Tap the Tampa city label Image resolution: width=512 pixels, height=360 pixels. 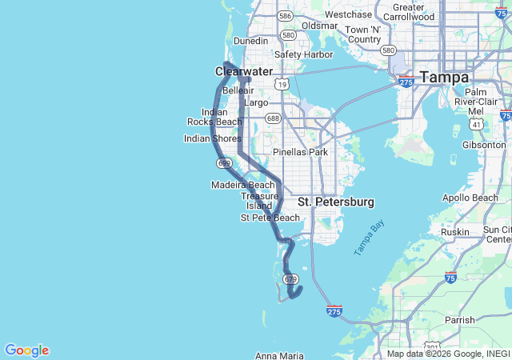[445, 78]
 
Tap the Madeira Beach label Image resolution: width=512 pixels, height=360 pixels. [243, 185]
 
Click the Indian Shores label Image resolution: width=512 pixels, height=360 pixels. [212, 138]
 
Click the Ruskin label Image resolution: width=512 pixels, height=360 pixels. [454, 232]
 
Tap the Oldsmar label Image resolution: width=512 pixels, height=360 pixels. [319, 26]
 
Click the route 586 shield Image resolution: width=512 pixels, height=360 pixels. [284, 15]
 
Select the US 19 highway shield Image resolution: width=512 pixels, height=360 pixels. [280, 84]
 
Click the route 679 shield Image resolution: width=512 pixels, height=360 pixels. [290, 279]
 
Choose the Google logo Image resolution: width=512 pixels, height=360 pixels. [26, 350]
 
